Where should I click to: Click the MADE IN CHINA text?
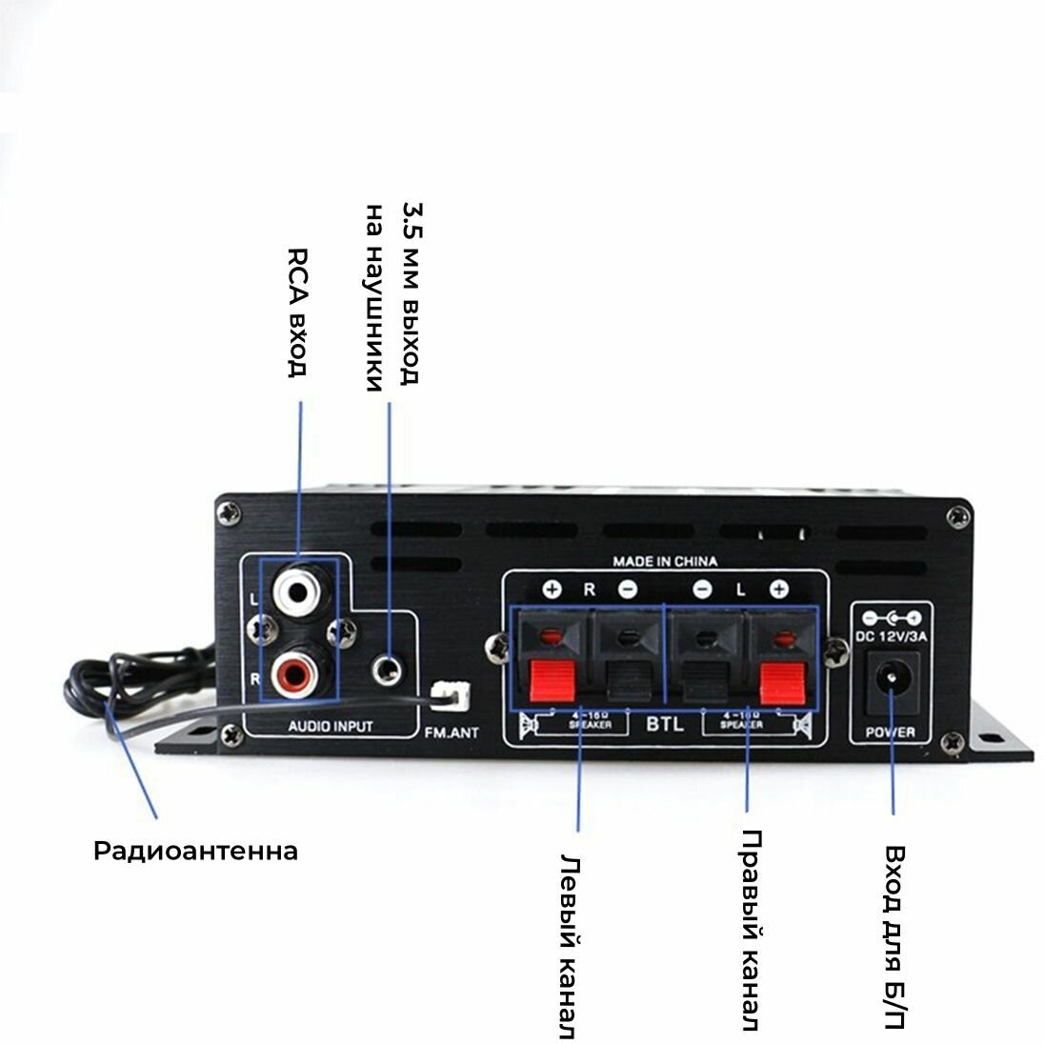tap(665, 561)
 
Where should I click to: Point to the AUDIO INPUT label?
tap(331, 727)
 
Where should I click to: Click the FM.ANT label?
tap(451, 733)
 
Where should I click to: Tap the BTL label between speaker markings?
tap(664, 724)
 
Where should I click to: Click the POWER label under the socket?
tap(890, 732)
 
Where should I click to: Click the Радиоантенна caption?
tap(195, 851)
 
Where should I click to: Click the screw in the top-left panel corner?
tap(227, 513)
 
